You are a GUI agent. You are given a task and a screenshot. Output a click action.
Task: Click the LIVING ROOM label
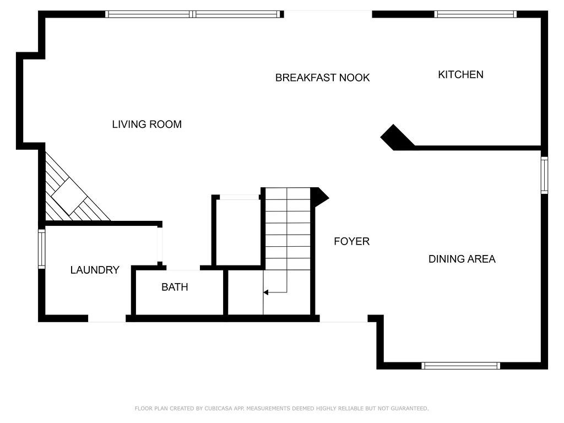pos(147,124)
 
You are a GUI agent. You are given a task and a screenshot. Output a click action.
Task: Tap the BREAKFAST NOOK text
pos(322,78)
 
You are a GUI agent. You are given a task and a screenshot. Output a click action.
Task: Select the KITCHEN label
pos(460,74)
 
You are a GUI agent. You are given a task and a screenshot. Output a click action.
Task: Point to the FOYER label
pos(351,241)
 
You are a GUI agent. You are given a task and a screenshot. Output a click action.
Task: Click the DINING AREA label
pos(462,259)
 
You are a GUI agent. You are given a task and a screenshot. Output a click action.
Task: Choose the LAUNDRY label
pos(95,270)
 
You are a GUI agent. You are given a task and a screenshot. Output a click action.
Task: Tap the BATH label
pos(175,287)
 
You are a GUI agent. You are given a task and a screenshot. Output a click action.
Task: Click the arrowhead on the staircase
pos(266,292)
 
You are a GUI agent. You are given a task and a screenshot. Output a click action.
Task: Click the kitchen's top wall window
pos(475,14)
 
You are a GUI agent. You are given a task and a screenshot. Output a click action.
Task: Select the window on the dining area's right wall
pos(545,175)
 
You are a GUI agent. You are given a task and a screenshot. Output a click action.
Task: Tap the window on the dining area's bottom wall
pos(461,366)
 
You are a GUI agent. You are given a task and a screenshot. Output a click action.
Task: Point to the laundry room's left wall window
pos(42,249)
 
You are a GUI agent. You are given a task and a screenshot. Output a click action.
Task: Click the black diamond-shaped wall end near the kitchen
pos(395,137)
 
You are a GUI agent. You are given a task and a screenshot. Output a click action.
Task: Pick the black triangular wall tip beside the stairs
pos(320,197)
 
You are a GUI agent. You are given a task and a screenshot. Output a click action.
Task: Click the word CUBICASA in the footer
pos(218,409)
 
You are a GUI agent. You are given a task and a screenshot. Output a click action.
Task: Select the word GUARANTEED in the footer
pos(409,409)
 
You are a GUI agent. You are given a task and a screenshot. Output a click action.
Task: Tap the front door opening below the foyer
pos(344,319)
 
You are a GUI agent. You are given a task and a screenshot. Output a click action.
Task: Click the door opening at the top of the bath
pos(183,268)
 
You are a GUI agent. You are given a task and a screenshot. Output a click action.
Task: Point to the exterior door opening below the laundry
pos(107,319)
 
